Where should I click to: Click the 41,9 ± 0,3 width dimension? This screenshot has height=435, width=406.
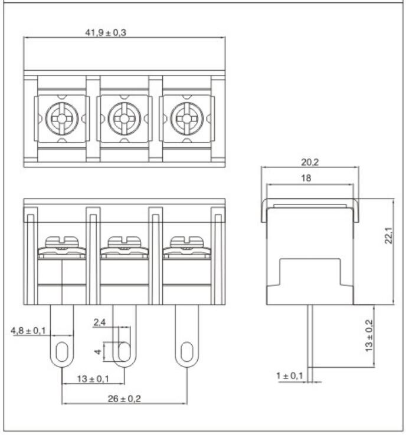[106, 33]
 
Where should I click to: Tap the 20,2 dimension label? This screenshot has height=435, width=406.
[310, 162]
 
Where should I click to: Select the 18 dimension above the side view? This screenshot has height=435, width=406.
[306, 178]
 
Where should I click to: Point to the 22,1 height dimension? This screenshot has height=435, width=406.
[388, 236]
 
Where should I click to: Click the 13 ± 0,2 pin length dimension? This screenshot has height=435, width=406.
[369, 336]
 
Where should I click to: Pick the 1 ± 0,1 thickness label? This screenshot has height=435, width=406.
[289, 376]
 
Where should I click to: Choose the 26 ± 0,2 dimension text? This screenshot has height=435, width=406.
[124, 398]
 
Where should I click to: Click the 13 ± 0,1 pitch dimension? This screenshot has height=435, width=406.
[93, 378]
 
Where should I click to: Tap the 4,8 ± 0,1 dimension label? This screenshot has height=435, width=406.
[28, 331]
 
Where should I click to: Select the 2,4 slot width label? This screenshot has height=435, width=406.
[99, 322]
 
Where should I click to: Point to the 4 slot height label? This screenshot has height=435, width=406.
[98, 352]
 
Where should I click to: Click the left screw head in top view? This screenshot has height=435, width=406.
[62, 118]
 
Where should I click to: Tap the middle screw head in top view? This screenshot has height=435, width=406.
[125, 118]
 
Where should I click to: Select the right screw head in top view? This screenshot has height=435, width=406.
[187, 118]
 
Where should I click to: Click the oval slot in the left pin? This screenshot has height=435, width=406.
[62, 352]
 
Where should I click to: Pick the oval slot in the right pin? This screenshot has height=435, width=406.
[187, 352]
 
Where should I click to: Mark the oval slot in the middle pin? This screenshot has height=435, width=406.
[125, 352]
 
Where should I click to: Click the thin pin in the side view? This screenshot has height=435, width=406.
[310, 336]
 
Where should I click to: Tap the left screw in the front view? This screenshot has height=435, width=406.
[62, 247]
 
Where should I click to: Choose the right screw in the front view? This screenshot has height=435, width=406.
[187, 247]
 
